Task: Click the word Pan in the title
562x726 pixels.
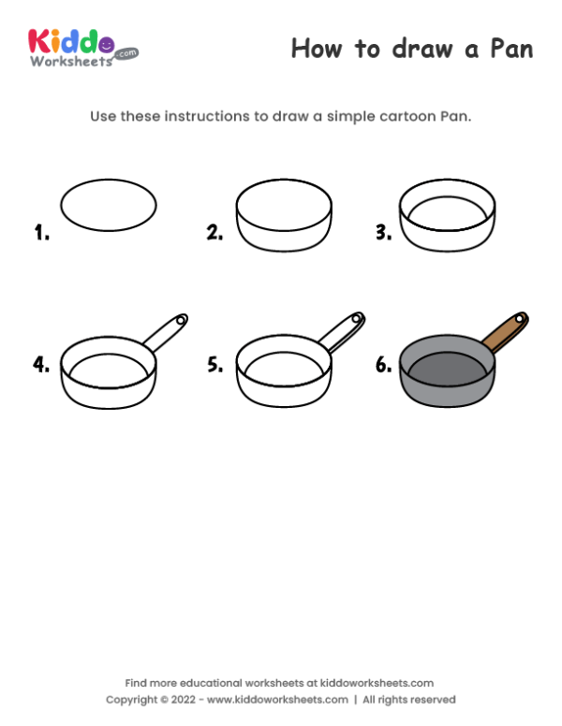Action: pos(507,49)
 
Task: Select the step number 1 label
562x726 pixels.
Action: pos(41,233)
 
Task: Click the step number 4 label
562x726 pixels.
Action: pos(41,365)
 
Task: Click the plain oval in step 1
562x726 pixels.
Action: pos(109,205)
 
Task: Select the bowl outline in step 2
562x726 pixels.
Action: pos(285,234)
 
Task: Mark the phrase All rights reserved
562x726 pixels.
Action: pos(409,700)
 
